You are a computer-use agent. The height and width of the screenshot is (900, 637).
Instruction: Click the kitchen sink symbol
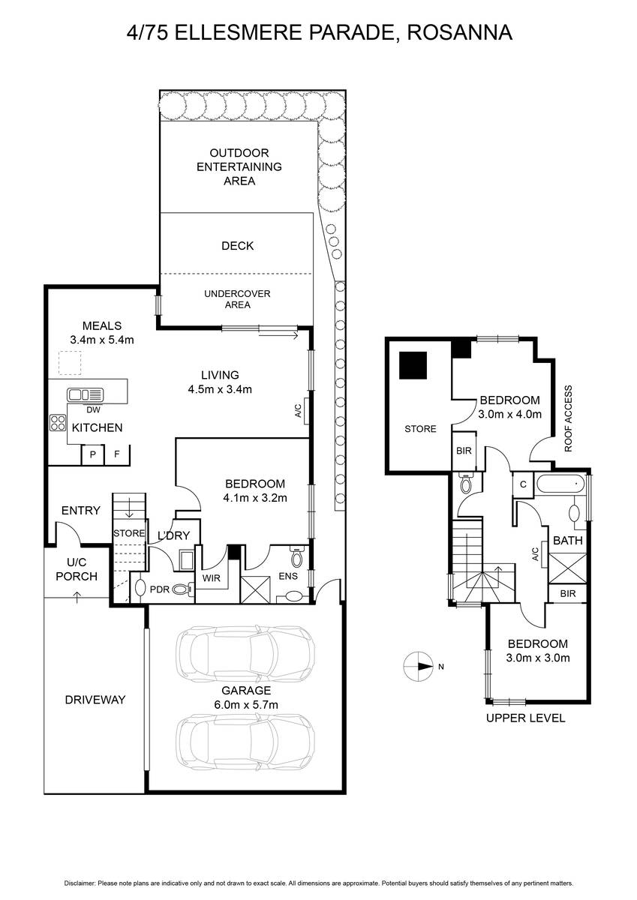pos(86,394)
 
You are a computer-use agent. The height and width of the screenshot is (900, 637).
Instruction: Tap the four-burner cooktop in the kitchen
pos(58,423)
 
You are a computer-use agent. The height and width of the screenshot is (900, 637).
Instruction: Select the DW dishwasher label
pos(93,409)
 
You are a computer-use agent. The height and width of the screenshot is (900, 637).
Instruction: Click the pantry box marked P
pos(93,454)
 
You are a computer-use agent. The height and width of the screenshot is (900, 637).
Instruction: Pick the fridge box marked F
pos(117,454)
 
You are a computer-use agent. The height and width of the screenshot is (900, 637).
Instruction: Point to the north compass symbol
pos(418,666)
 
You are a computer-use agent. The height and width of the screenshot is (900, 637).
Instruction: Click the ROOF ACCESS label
pos(568,418)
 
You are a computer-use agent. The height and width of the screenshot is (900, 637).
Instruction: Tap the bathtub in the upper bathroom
pos(560,484)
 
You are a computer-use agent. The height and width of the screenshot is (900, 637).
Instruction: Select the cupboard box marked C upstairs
pos(523,484)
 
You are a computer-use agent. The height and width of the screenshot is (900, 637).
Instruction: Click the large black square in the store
pos(413,365)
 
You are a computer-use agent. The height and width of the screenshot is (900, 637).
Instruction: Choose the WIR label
pos(211,577)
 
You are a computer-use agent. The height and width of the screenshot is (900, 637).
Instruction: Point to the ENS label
pos(288,576)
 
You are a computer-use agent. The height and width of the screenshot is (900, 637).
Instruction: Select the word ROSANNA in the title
pos(460,33)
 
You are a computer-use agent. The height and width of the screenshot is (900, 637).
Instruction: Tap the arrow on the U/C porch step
pos(77,597)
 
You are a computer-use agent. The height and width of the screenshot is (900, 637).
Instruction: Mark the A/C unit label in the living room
pos(298,411)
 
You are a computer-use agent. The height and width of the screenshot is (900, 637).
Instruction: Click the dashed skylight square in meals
pos(70,363)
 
